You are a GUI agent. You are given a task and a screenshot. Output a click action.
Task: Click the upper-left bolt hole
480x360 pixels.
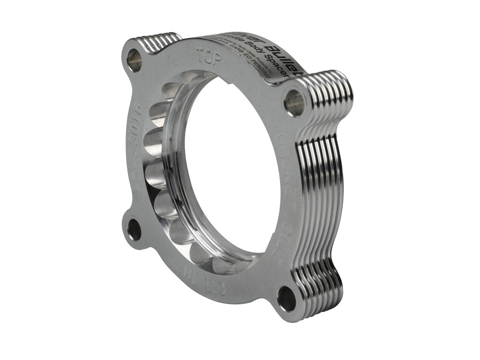(x=134, y=60)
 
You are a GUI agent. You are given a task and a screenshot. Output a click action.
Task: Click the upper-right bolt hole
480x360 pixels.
(x=295, y=103)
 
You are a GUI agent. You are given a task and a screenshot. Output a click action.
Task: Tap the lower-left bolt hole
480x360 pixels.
(x=134, y=230)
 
